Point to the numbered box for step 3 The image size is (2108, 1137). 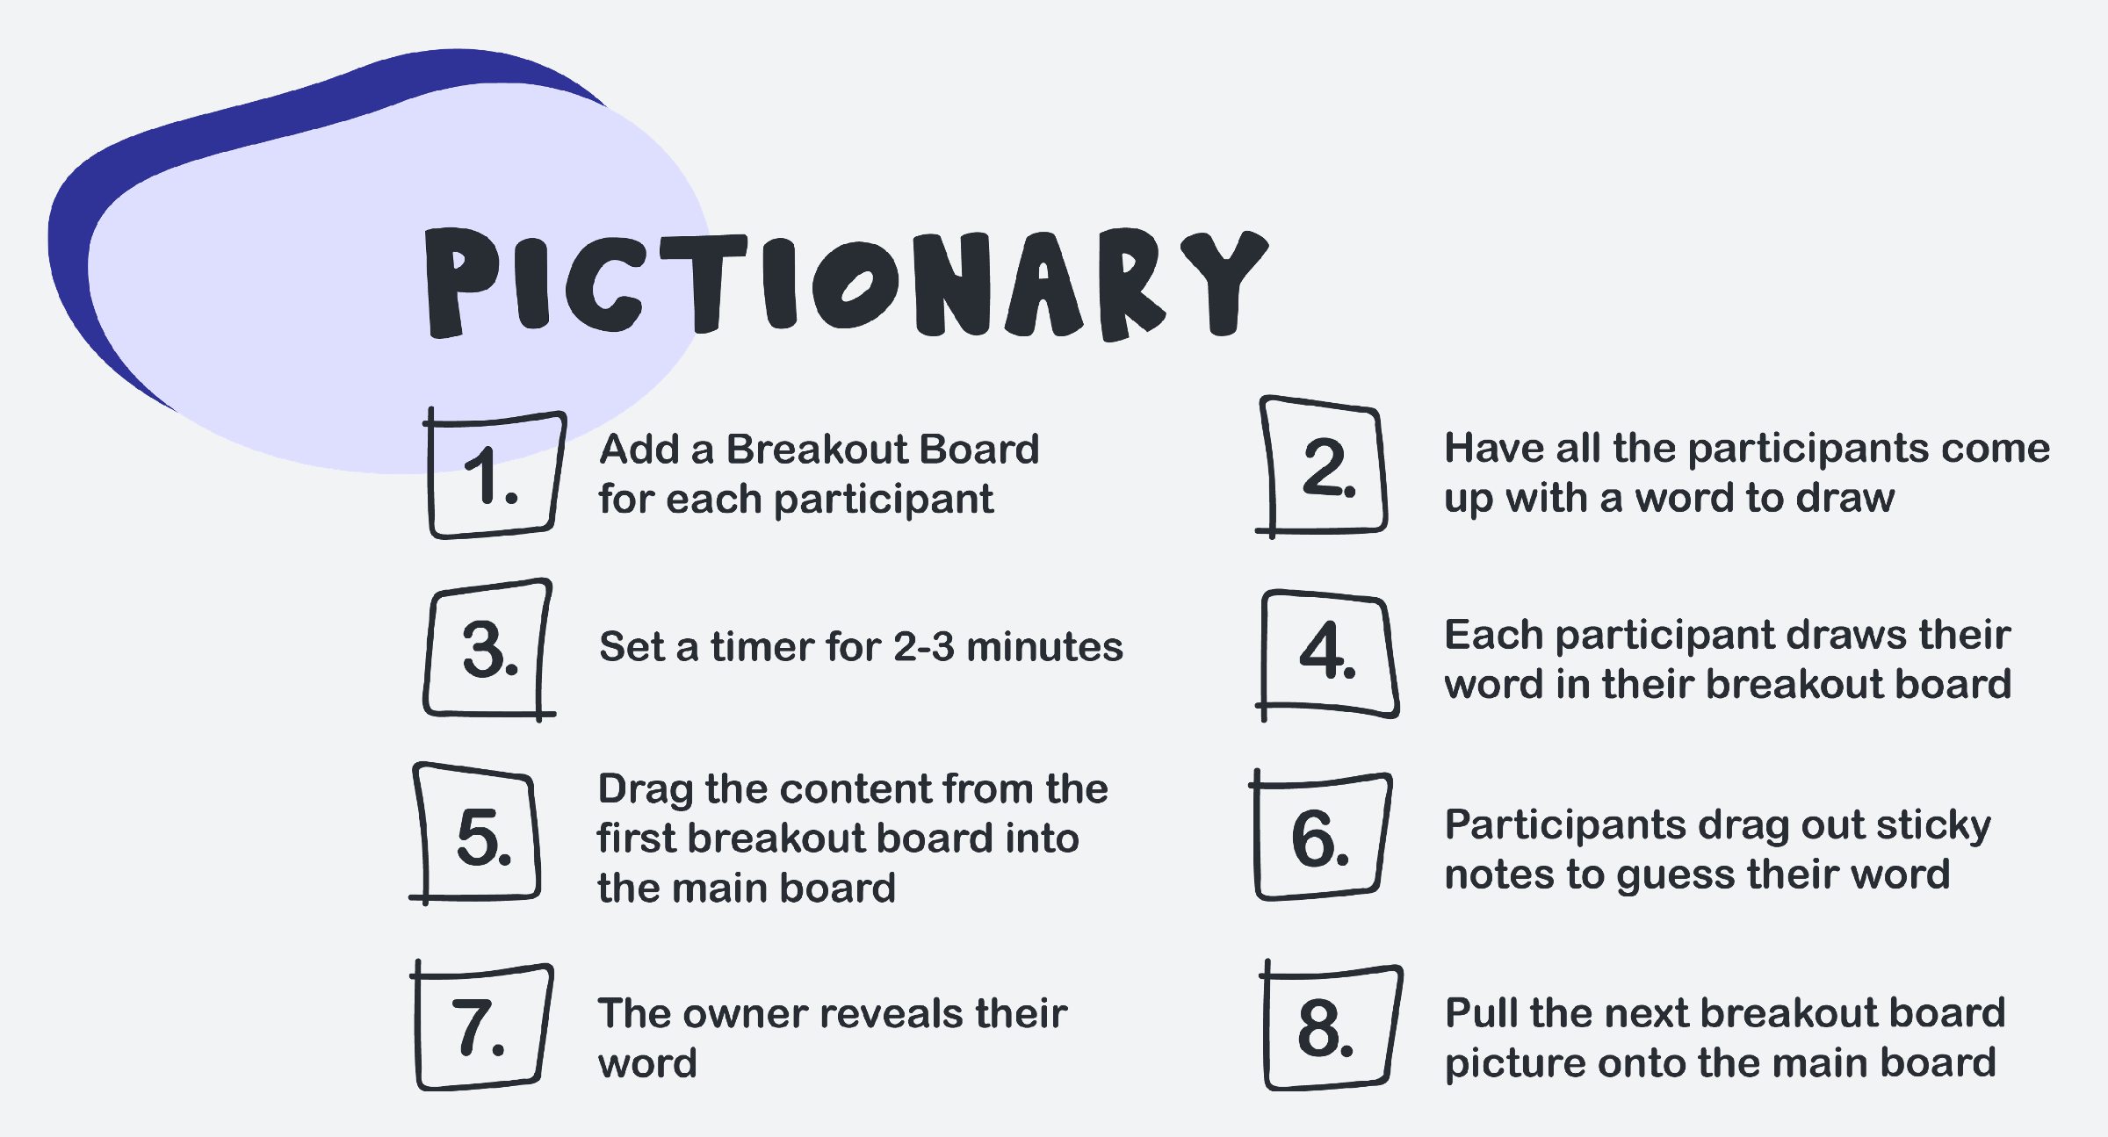pyautogui.click(x=427, y=650)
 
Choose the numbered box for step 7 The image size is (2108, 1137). pyautogui.click(x=418, y=1027)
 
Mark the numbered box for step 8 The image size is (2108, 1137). pyautogui.click(x=1267, y=1027)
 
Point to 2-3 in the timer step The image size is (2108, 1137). pyautogui.click(x=923, y=647)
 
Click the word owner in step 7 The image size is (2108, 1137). pyautogui.click(x=745, y=1014)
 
